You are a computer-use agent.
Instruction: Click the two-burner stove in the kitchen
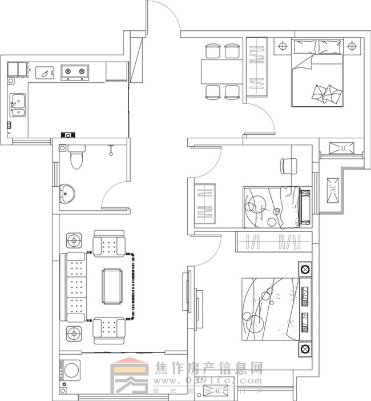pyautogui.click(x=75, y=71)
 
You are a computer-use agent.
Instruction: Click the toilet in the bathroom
pyautogui.click(x=76, y=157)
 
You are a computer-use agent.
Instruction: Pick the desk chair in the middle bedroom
pyautogui.click(x=288, y=165)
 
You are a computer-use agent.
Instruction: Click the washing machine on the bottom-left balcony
pyautogui.click(x=72, y=371)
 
